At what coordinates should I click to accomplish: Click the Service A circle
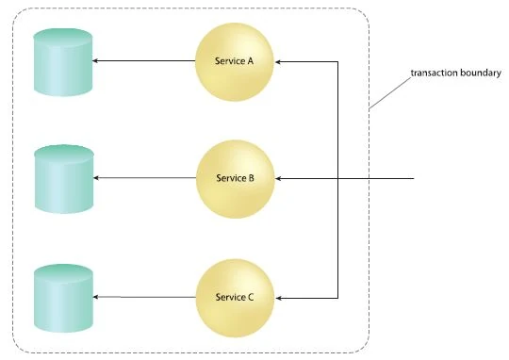(x=235, y=60)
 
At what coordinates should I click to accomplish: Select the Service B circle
(x=235, y=178)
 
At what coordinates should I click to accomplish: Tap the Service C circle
(x=235, y=298)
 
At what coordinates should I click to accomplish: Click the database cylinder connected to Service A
(x=63, y=61)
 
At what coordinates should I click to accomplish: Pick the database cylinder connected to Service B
(x=63, y=178)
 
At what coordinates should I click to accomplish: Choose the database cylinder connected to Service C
(x=63, y=298)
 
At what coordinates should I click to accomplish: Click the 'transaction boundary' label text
(x=450, y=73)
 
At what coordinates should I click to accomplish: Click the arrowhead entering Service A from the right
(x=278, y=61)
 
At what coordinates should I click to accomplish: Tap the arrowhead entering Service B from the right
(x=278, y=178)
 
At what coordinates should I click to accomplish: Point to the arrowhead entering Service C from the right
(x=278, y=298)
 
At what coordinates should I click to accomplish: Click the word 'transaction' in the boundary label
(x=430, y=73)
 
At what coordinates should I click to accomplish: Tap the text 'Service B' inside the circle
(x=235, y=178)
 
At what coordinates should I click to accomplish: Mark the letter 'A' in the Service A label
(x=250, y=60)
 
